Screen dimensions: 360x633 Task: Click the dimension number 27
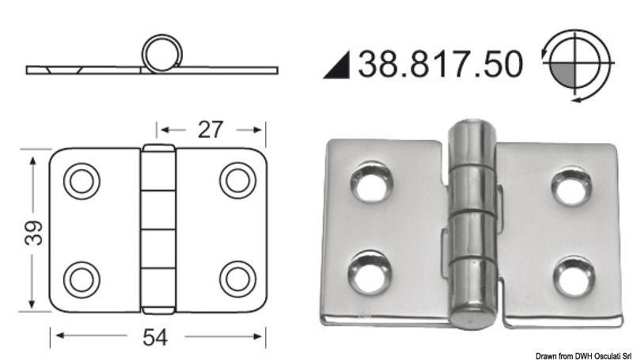pyautogui.click(x=210, y=129)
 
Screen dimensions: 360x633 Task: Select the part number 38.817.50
pyautogui.click(x=440, y=64)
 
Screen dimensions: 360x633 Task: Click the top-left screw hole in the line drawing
pyautogui.click(x=81, y=181)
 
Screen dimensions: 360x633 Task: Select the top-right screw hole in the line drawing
pyautogui.click(x=236, y=180)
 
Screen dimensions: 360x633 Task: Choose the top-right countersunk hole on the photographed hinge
pyautogui.click(x=571, y=187)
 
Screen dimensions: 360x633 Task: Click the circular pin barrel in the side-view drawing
pyautogui.click(x=162, y=53)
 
